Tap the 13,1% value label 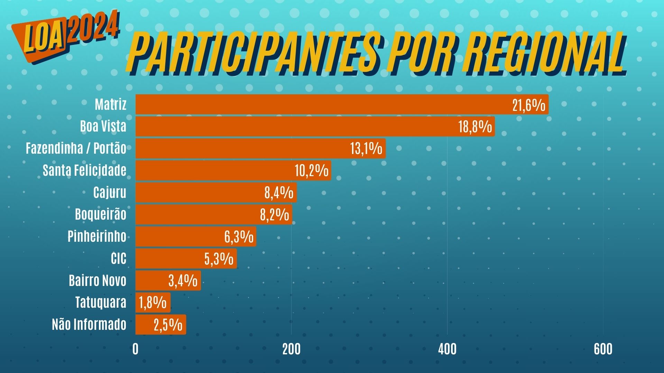tap(366, 149)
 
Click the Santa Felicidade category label tap(84, 171)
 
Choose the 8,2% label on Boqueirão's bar tap(274, 214)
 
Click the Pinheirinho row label tap(97, 237)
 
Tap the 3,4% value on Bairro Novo tap(183, 281)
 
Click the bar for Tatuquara tap(153, 303)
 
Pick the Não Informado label tap(89, 325)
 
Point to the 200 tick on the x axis tap(291, 349)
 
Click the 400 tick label tap(447, 349)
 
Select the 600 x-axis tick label tap(603, 349)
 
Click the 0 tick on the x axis tap(135, 349)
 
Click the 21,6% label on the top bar tap(528, 105)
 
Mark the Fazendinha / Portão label tap(76, 149)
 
